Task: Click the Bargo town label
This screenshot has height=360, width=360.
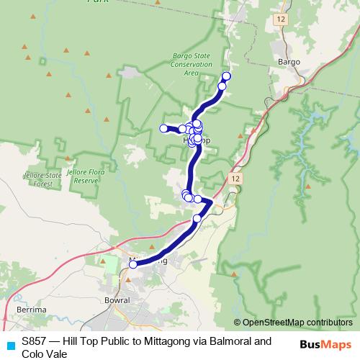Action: [289, 63]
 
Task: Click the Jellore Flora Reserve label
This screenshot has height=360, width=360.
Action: [81, 176]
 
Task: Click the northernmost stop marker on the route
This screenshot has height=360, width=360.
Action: [226, 76]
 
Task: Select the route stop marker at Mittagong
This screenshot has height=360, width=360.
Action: [132, 264]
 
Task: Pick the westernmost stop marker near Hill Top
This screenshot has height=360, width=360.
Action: [163, 128]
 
